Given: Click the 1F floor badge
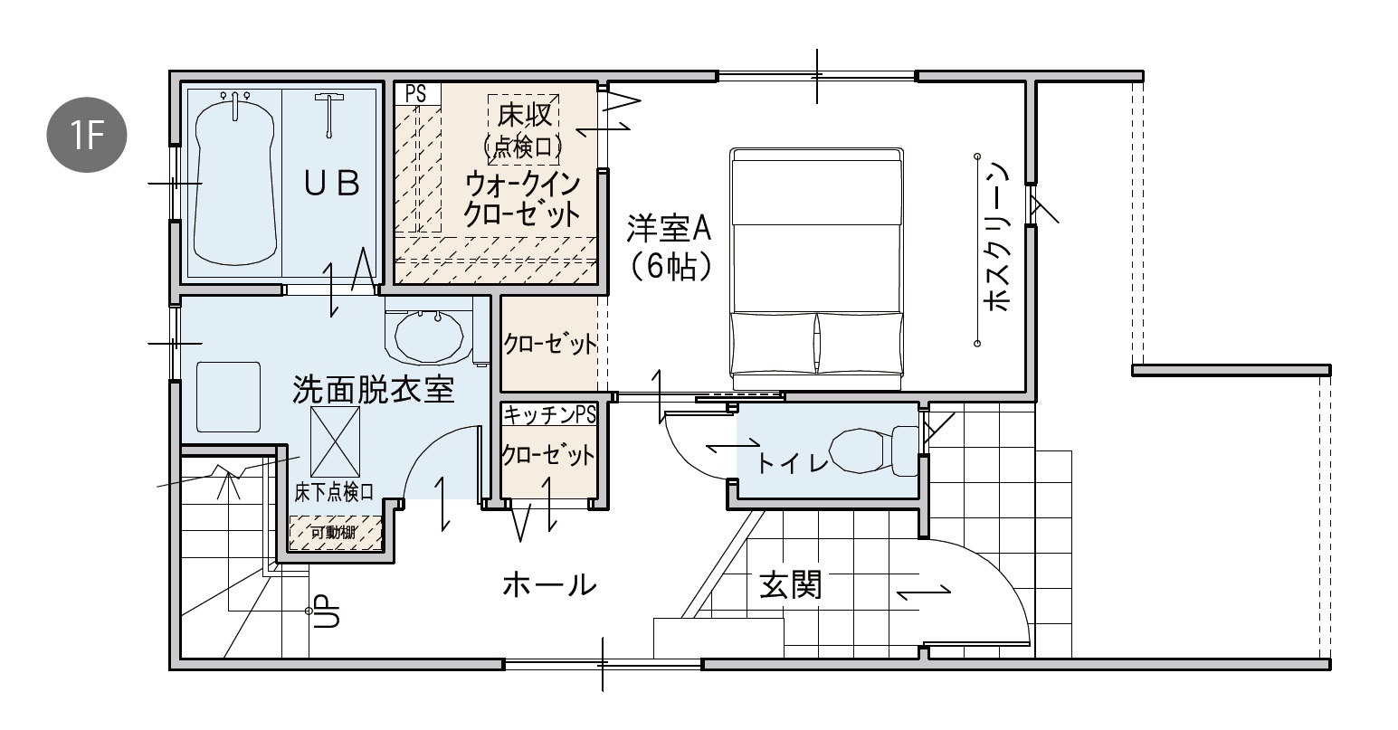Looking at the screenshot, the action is (x=87, y=135).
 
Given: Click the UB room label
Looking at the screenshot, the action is (x=332, y=184).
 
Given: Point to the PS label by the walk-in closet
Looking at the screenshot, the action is (x=415, y=94).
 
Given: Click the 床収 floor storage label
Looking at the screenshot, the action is (x=524, y=115).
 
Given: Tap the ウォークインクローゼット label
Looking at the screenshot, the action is (x=522, y=200).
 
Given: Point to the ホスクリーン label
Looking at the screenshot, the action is (x=996, y=237).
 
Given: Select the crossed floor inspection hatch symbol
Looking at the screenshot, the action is (x=335, y=441).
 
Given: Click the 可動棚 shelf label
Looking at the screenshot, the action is (x=334, y=532).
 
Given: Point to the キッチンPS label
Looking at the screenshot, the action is (x=550, y=415).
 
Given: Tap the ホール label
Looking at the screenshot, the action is (x=549, y=585).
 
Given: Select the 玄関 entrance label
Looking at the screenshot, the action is (x=790, y=585).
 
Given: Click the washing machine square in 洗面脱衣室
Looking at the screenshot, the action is (x=228, y=397).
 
